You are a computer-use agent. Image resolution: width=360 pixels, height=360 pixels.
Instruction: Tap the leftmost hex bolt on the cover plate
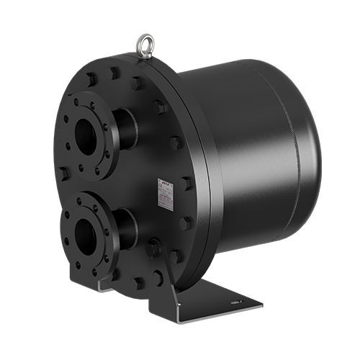[64, 174]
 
